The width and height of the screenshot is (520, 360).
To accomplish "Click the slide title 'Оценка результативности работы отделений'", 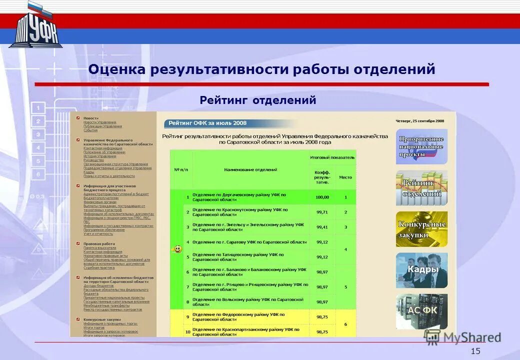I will point(261,69).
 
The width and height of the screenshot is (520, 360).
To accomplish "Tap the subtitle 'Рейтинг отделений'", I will point(258,100).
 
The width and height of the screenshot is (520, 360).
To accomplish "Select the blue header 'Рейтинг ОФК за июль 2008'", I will point(207,123).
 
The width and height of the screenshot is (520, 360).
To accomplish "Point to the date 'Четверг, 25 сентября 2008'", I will point(419,120).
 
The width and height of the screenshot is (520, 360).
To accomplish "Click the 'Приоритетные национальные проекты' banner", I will point(421,147).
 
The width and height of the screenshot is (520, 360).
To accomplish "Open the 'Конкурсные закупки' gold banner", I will point(421,229).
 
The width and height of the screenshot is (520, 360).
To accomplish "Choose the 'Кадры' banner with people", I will point(421,270).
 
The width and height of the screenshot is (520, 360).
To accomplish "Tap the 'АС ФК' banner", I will point(421,310).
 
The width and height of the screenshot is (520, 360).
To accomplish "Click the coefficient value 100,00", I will point(322,197).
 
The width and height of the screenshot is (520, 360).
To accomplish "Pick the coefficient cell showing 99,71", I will point(322,212).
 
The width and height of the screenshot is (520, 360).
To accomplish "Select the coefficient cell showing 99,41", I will point(322,227).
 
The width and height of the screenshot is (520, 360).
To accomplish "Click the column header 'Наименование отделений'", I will point(250,170).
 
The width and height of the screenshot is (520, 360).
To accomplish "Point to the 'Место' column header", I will point(345,177).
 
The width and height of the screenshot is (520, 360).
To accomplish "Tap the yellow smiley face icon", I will point(176,249).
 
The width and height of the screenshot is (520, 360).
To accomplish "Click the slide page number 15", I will point(475,351).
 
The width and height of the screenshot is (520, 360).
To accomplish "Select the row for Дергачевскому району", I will point(239,197).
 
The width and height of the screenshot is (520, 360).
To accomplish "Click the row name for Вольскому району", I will point(247,301).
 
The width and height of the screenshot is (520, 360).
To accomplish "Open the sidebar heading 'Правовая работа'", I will point(95,243).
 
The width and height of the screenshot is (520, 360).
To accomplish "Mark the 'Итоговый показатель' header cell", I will point(332,157).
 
